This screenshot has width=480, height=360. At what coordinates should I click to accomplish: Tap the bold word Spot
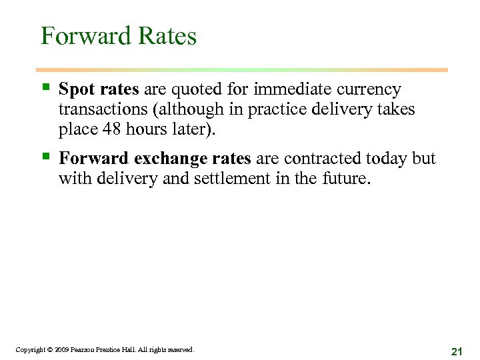75,89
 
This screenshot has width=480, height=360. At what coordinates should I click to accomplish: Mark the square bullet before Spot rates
45,88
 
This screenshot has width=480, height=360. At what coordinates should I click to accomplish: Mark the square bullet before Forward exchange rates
45,157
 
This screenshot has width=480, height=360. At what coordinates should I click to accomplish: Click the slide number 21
457,351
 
